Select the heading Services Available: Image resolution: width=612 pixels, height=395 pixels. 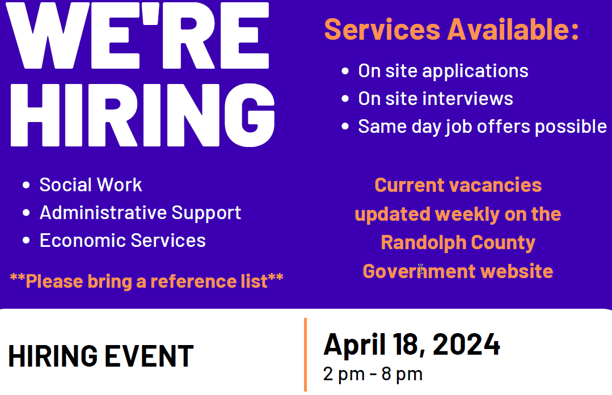451,30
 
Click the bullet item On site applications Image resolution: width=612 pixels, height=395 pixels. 443,71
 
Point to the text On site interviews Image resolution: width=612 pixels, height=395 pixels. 435,99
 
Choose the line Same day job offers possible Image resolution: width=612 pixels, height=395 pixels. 482,126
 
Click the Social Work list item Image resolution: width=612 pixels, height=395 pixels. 91,184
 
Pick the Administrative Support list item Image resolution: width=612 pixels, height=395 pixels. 140,212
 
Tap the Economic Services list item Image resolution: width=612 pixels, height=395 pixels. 123,240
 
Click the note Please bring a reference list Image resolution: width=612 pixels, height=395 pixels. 146,280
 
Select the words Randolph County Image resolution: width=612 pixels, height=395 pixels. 458,242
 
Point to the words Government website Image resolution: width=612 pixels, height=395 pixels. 458,271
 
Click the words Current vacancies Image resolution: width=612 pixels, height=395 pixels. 458,185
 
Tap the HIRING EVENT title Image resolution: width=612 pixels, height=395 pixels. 101,356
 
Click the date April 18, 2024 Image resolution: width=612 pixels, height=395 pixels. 412,344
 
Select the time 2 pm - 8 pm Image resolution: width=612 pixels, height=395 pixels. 373,374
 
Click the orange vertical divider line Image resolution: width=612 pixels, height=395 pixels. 305,355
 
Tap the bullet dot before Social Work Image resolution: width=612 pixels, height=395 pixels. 26,185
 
